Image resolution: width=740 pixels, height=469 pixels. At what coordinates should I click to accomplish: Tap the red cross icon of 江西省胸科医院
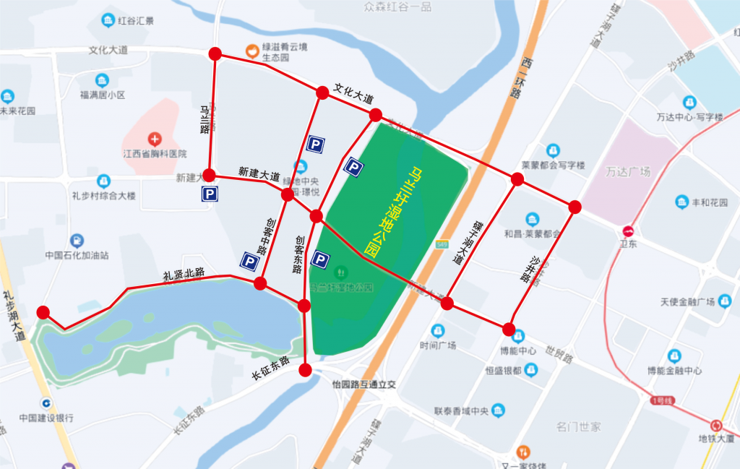[154, 138]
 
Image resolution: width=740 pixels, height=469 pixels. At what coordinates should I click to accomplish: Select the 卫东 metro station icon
[628, 232]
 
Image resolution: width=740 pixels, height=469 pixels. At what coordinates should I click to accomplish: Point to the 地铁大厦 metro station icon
[716, 426]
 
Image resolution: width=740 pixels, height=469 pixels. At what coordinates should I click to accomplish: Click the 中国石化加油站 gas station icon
[76, 241]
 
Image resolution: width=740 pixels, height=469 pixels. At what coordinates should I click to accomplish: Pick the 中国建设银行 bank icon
[46, 403]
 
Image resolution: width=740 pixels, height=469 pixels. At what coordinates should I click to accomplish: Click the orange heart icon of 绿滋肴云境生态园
[251, 51]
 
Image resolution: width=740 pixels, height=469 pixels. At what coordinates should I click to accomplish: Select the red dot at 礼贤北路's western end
[43, 312]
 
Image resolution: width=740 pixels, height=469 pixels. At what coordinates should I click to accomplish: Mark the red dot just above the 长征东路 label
[305, 371]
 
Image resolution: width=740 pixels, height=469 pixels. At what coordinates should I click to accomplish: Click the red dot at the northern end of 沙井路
[575, 207]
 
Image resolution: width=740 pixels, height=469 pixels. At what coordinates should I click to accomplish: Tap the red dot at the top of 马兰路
[215, 53]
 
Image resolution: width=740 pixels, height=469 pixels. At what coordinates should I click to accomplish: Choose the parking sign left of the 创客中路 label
[249, 261]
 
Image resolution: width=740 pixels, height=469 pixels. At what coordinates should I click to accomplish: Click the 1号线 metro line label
[661, 400]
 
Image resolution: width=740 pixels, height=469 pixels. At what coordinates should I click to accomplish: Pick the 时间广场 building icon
[436, 331]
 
